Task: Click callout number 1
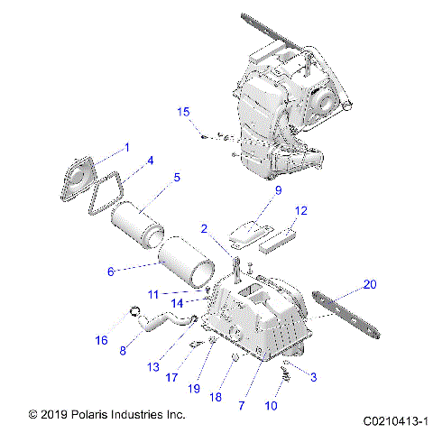pyautogui.click(x=127, y=146)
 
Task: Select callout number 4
pyautogui.click(x=151, y=161)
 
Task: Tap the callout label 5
pyautogui.click(x=177, y=178)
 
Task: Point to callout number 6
pyautogui.click(x=112, y=271)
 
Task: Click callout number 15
pyautogui.click(x=183, y=112)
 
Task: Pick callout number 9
pyautogui.click(x=253, y=190)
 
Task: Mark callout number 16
pyautogui.click(x=102, y=340)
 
